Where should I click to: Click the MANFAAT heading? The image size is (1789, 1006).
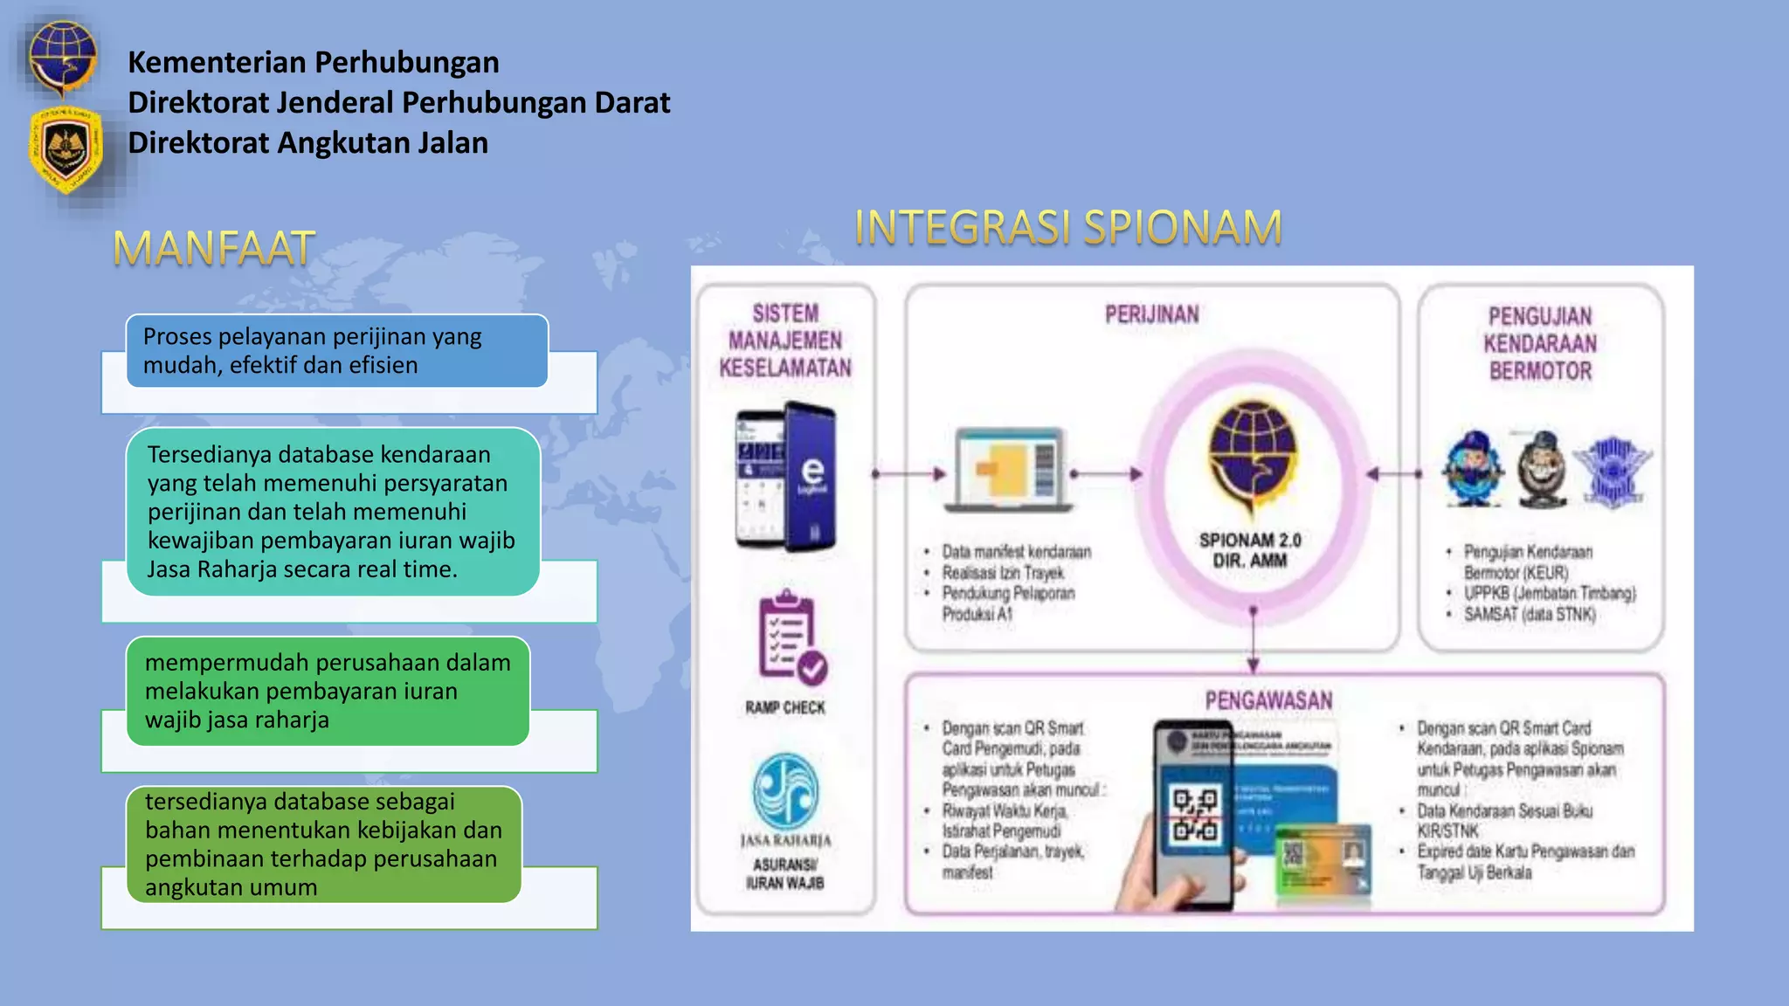214,248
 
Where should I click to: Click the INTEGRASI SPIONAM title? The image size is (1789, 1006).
1067,227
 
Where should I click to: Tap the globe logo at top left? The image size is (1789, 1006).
61,56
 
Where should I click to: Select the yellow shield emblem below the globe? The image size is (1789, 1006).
66,148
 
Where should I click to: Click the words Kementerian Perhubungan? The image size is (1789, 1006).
314,62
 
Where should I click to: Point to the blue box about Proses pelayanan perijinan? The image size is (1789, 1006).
337,351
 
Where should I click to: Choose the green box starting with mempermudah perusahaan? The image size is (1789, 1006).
328,691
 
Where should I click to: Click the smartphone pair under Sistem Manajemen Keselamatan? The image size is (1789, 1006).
785,477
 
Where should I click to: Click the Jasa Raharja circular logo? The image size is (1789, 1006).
785,790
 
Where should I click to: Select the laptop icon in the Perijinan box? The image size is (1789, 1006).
1011,469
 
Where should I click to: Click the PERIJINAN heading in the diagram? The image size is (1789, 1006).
1151,314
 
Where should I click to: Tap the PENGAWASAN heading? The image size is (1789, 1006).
1268,700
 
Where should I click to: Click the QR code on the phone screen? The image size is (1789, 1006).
1194,815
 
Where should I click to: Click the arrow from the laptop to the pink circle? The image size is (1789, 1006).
1107,474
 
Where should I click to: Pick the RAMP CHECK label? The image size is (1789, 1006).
784,707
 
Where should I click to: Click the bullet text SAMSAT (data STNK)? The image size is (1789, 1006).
1530,615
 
